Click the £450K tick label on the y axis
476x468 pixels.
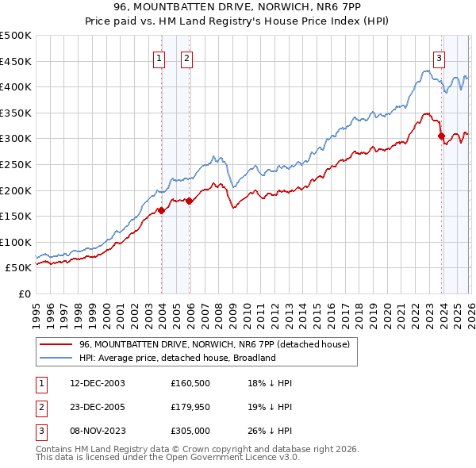click(16, 61)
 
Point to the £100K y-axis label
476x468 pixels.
click(16, 242)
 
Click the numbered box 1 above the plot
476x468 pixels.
click(159, 57)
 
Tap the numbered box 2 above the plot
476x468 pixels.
click(186, 57)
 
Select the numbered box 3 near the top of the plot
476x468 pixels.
click(439, 57)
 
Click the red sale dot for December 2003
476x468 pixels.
click(161, 210)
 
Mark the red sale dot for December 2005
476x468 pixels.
click(190, 201)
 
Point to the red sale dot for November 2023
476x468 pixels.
click(441, 136)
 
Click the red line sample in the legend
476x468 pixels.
click(56, 344)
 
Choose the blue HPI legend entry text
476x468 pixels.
click(177, 359)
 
